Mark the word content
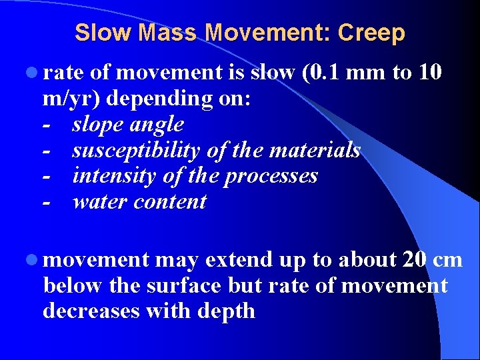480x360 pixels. click(170, 202)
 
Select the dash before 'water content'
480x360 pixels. click(46, 202)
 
